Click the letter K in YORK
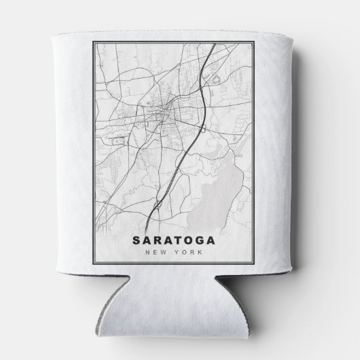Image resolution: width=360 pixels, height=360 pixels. (x=201, y=253)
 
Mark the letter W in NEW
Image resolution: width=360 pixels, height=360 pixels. (x=171, y=253)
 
